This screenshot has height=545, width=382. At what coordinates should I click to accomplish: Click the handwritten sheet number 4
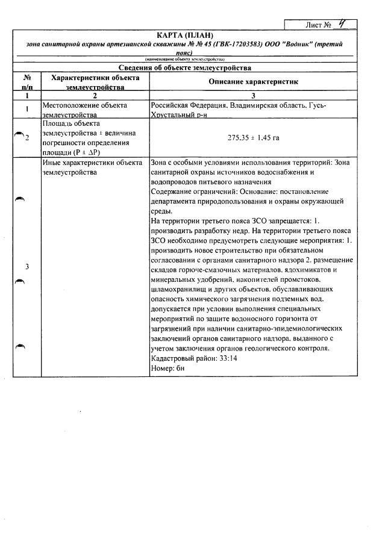(x=342, y=25)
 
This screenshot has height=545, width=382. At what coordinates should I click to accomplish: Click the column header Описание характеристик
(x=254, y=81)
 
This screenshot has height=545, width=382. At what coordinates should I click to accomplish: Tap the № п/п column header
(x=27, y=82)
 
